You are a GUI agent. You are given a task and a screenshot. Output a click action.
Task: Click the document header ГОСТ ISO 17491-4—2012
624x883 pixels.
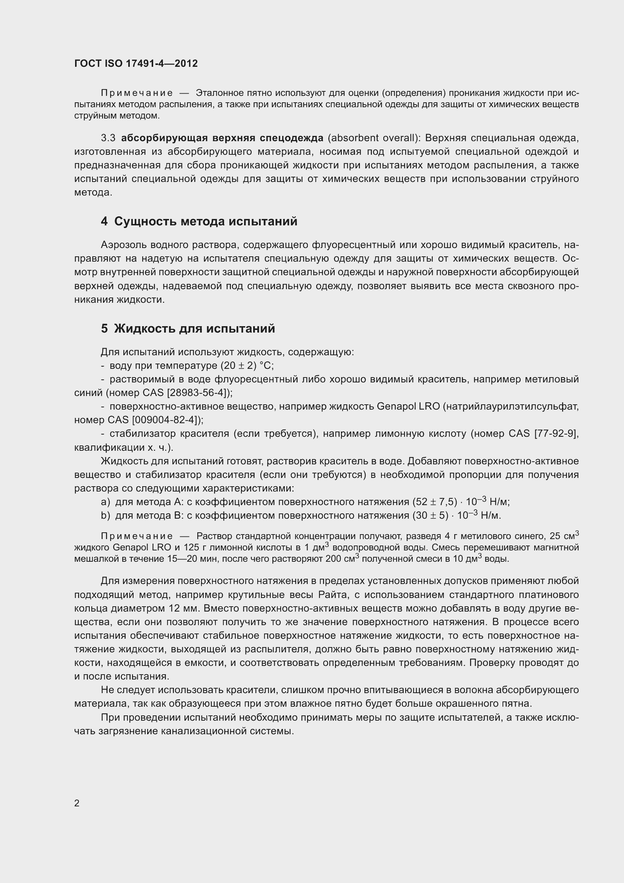click(x=136, y=63)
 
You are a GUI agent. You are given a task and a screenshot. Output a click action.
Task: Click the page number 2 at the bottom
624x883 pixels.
click(x=77, y=803)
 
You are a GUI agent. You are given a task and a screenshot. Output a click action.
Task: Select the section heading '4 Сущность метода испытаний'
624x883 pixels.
click(x=199, y=222)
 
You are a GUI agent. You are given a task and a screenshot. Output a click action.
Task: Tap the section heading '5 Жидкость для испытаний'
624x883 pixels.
click(x=188, y=328)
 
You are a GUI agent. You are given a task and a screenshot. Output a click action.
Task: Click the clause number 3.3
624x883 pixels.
click(x=108, y=138)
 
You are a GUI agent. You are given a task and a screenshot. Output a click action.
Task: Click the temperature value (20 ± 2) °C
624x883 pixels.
click(x=246, y=365)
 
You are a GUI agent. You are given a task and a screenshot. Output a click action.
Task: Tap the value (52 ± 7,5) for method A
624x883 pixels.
click(x=435, y=502)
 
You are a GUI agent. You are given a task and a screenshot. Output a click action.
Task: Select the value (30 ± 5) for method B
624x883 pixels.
click(x=430, y=515)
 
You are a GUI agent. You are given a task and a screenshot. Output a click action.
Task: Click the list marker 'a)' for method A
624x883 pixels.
click(x=105, y=502)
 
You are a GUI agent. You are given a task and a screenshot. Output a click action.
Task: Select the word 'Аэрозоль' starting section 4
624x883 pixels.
click(x=124, y=245)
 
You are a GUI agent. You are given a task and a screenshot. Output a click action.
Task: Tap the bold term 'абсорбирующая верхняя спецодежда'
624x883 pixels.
click(x=222, y=138)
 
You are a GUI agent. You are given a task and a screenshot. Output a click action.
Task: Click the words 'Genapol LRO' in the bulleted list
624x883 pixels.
click(x=408, y=407)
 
